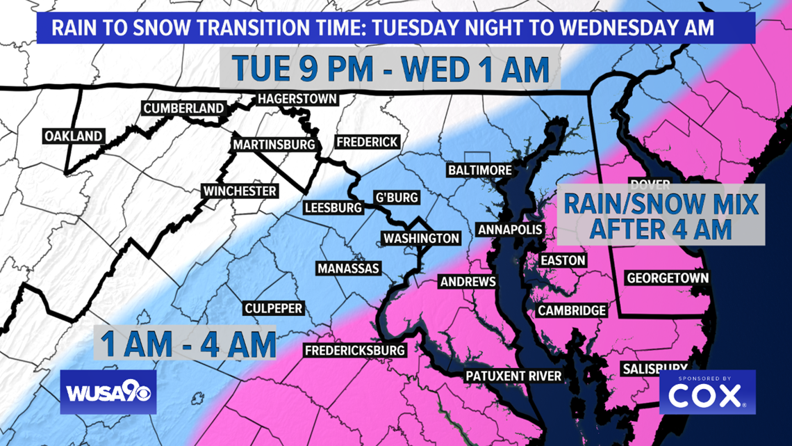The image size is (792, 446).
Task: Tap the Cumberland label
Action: click(183, 109)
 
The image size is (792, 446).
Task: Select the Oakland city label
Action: click(73, 136)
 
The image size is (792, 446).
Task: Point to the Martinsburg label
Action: click(274, 145)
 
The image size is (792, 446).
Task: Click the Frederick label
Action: click(367, 142)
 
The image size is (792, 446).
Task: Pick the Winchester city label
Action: click(240, 191)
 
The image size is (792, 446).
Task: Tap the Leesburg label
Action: click(333, 207)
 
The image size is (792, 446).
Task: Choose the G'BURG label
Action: click(397, 198)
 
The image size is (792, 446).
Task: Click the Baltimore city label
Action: click(479, 170)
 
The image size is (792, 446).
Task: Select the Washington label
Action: click(422, 238)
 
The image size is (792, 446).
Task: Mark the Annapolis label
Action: click(510, 230)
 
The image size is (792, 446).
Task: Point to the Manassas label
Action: click(348, 269)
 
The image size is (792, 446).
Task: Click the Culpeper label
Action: click(274, 308)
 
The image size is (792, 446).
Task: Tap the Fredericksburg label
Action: click(354, 351)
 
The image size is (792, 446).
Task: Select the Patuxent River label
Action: click(513, 376)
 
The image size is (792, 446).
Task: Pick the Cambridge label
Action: click(572, 310)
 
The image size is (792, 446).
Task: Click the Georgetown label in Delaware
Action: click(668, 278)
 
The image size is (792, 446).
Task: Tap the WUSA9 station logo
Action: click(108, 392)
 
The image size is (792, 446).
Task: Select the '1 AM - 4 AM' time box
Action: click(185, 343)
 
